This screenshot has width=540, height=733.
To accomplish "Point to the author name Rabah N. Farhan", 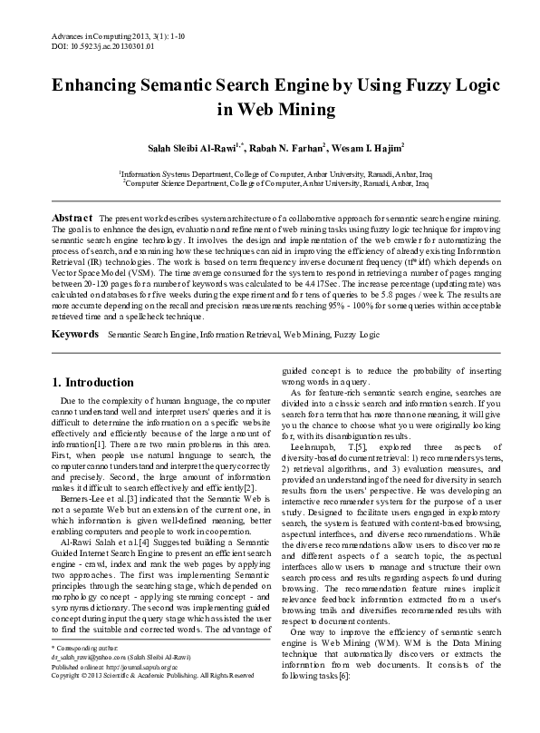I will point(288,144).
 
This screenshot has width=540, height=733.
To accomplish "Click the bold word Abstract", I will point(72,220).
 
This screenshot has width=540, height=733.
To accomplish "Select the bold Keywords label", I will point(75,309).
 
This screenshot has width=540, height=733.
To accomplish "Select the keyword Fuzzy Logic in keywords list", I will point(357,310).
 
